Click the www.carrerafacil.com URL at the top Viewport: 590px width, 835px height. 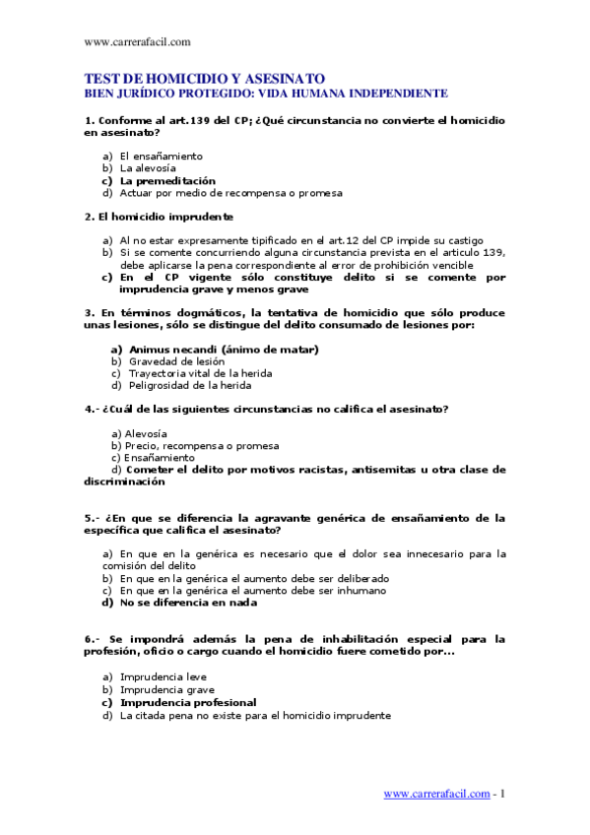click(x=138, y=41)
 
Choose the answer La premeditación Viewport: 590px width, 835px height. click(x=167, y=181)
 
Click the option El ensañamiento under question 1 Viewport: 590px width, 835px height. click(x=161, y=156)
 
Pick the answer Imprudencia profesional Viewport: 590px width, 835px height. click(x=187, y=703)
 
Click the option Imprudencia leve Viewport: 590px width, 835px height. click(x=161, y=677)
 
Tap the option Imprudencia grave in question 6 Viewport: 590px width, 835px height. click(x=166, y=690)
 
